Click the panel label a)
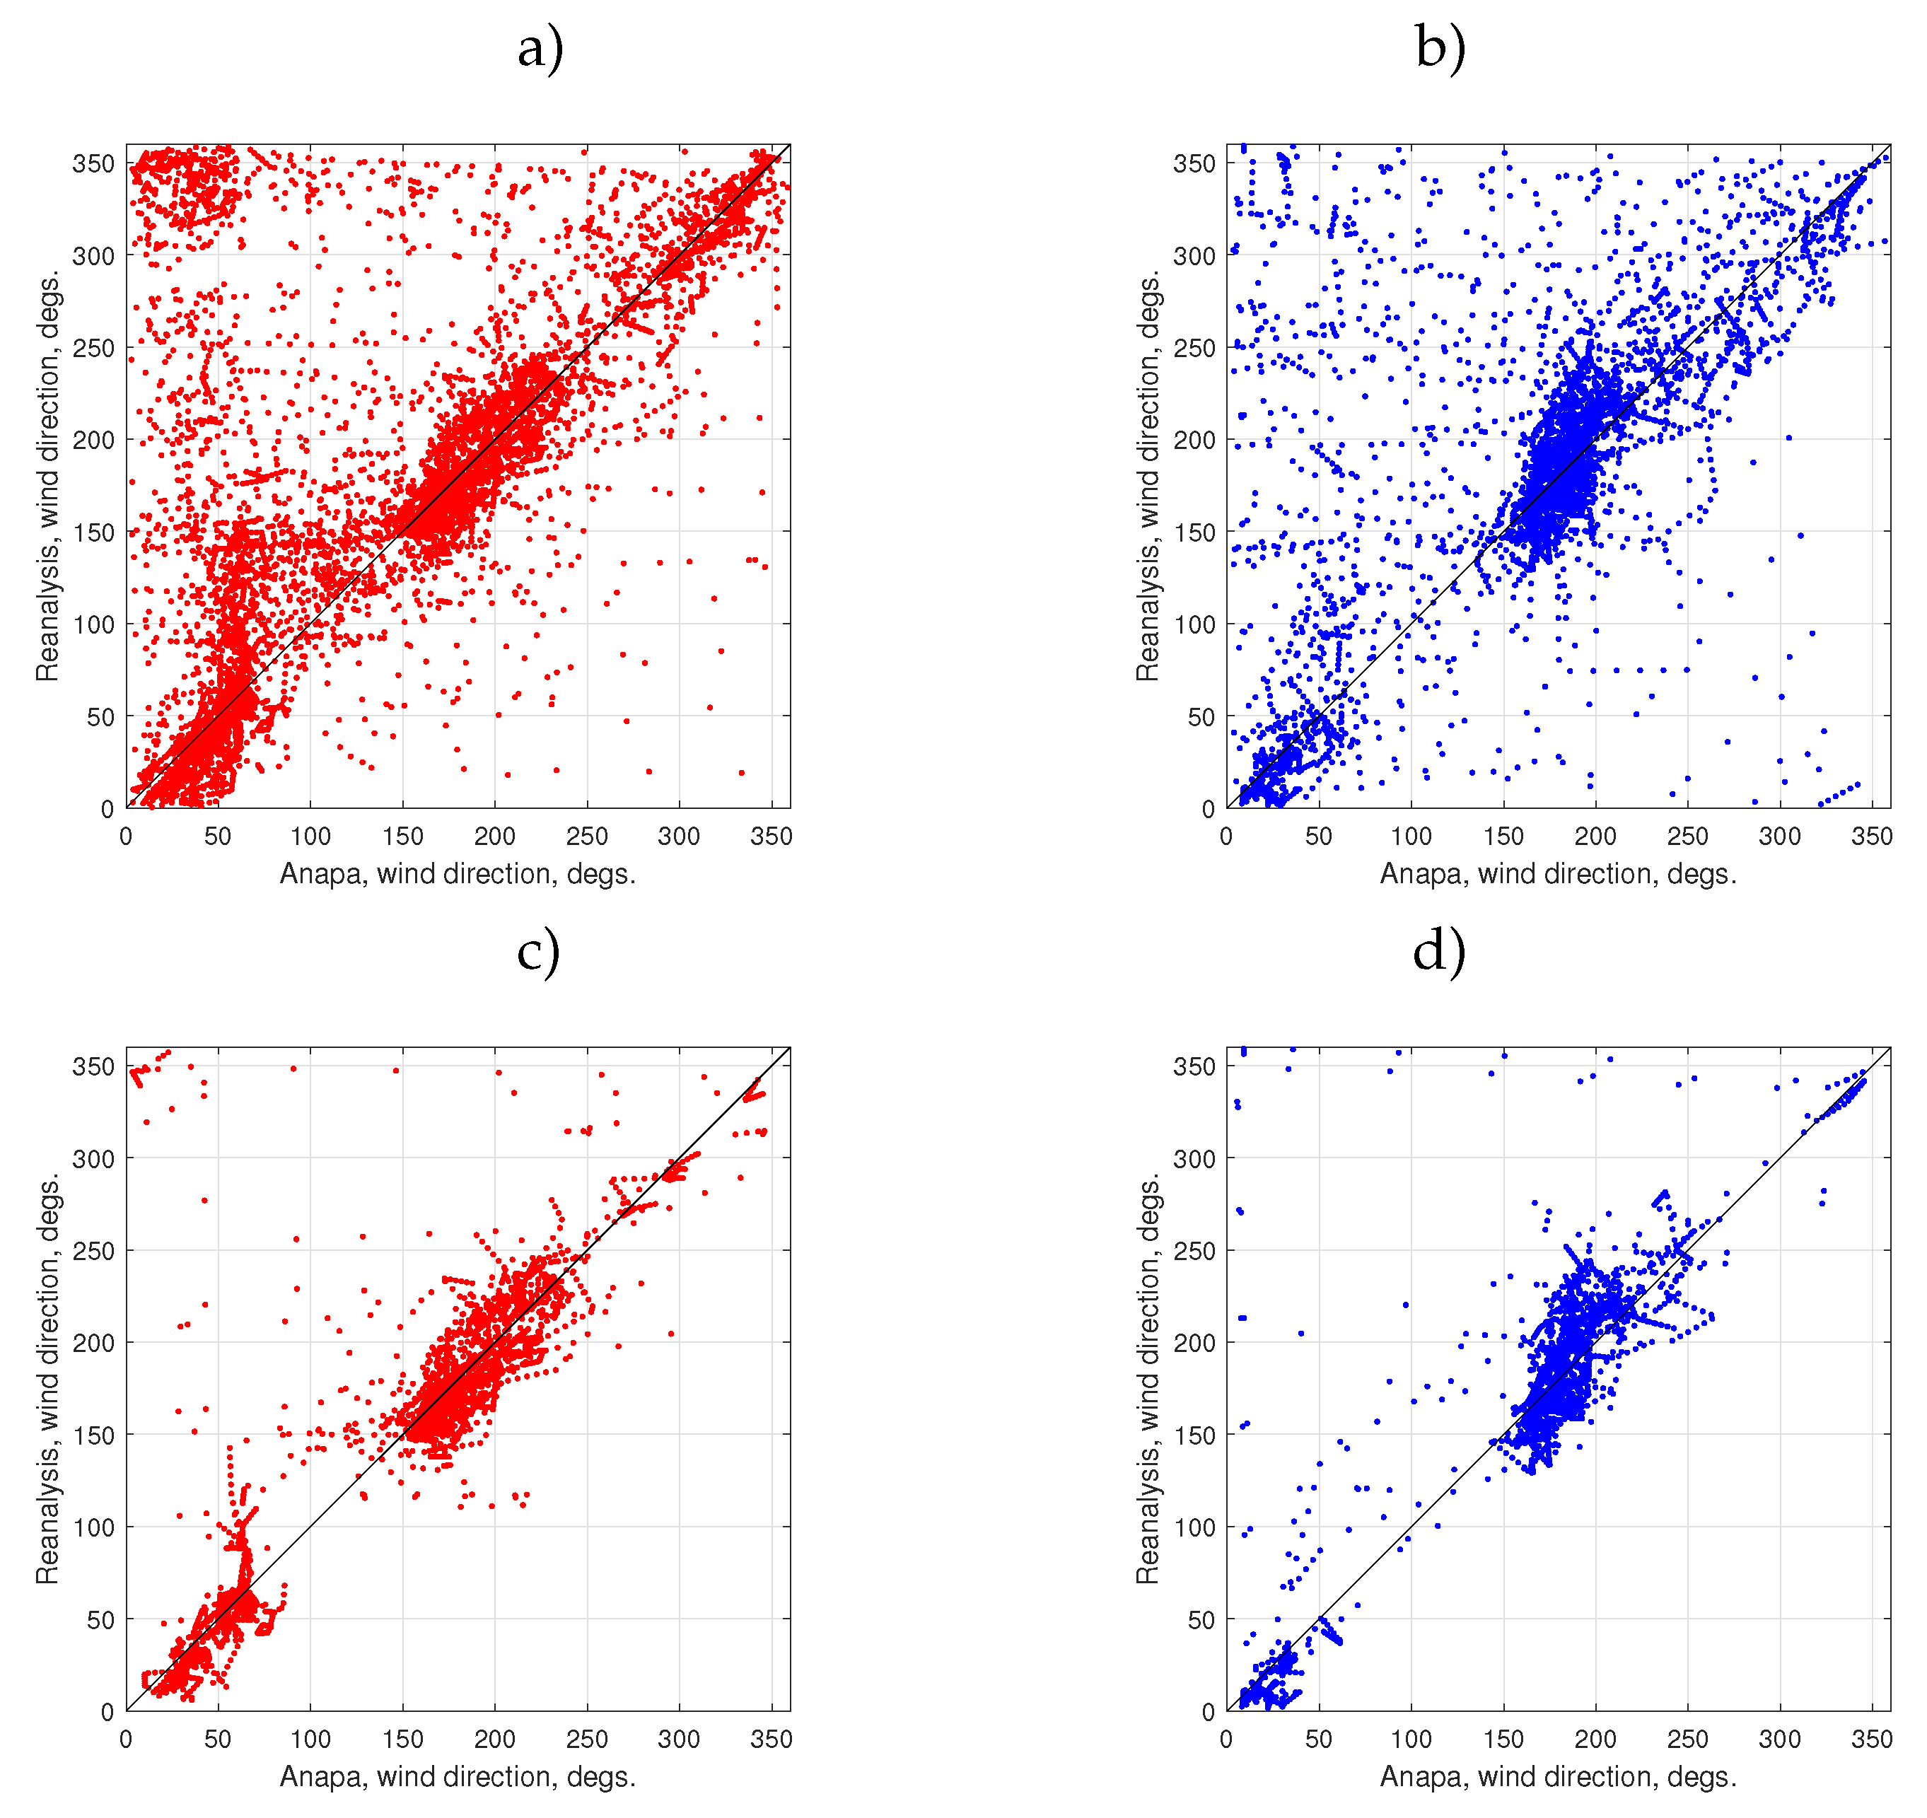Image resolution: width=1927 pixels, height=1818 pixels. tap(540, 49)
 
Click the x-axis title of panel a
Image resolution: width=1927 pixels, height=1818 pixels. tap(458, 874)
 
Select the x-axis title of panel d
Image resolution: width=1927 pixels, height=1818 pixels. tap(1558, 1776)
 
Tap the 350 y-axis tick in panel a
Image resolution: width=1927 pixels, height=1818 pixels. tap(93, 164)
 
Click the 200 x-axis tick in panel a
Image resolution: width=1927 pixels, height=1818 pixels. tap(494, 837)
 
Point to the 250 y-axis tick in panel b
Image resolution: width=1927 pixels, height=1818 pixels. tap(1194, 348)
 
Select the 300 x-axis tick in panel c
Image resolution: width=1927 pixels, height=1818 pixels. tap(679, 1739)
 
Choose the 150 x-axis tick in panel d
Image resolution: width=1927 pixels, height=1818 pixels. tap(1503, 1739)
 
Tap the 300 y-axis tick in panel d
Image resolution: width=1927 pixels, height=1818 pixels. tap(1194, 1158)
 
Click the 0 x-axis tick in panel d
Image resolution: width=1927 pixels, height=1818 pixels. tap(1226, 1739)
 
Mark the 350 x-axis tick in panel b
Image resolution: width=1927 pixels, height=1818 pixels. tap(1872, 837)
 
